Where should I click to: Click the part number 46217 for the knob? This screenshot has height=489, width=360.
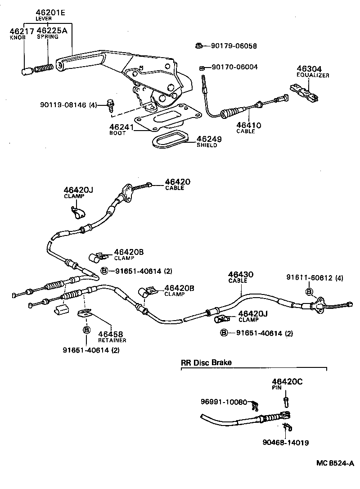pos(18,31)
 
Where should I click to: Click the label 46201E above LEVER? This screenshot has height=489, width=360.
pos(50,13)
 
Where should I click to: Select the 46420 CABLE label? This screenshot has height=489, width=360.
pos(177,182)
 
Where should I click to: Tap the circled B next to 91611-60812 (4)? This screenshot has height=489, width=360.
pos(309,292)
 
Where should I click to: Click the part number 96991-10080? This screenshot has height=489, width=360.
pos(224,402)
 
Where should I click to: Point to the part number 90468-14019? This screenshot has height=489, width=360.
pos(286,442)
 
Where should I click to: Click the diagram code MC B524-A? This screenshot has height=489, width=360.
pos(335,463)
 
